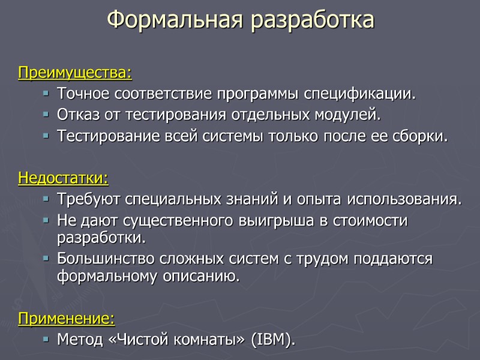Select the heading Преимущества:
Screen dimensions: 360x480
pyautogui.click(x=75, y=74)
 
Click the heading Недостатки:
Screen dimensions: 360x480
pyautogui.click(x=64, y=178)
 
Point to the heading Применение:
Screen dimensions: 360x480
pyautogui.click(x=67, y=317)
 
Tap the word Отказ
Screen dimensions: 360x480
pyautogui.click(x=76, y=115)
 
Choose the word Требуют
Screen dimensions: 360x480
pyautogui.click(x=84, y=199)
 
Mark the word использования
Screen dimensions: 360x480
pyautogui.click(x=413, y=199)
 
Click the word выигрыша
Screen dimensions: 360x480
pyautogui.click(x=278, y=220)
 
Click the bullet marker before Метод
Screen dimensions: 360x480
pyautogui.click(x=46, y=340)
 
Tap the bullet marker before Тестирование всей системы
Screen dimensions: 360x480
pyautogui.click(x=46, y=136)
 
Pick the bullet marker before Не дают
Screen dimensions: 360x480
pyautogui.click(x=46, y=221)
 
